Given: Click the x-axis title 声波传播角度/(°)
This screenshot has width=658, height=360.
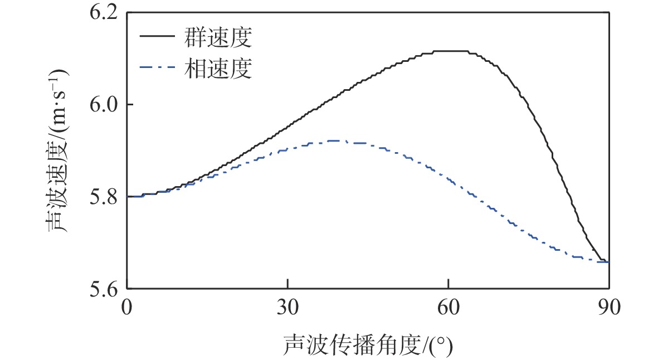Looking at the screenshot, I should (368, 344).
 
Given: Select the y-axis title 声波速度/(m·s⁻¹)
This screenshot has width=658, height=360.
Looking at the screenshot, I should (57, 150).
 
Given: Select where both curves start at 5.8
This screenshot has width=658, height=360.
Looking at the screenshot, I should (129, 196).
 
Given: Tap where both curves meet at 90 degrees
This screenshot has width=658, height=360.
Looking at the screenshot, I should (607, 261).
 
